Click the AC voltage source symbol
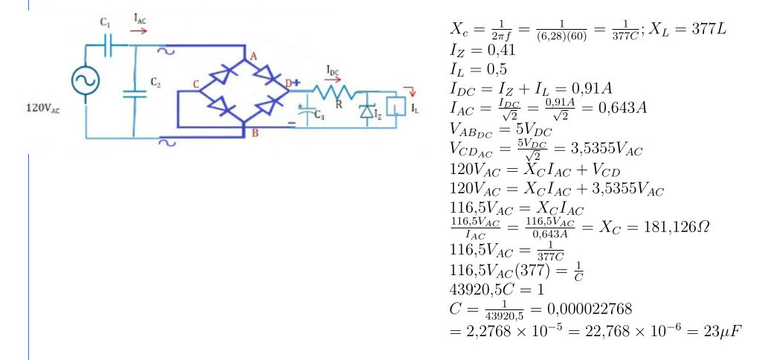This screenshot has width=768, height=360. point(83,82)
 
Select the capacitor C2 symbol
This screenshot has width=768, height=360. point(135,92)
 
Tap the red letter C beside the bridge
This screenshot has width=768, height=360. point(196,86)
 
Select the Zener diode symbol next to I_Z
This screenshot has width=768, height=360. point(365,110)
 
